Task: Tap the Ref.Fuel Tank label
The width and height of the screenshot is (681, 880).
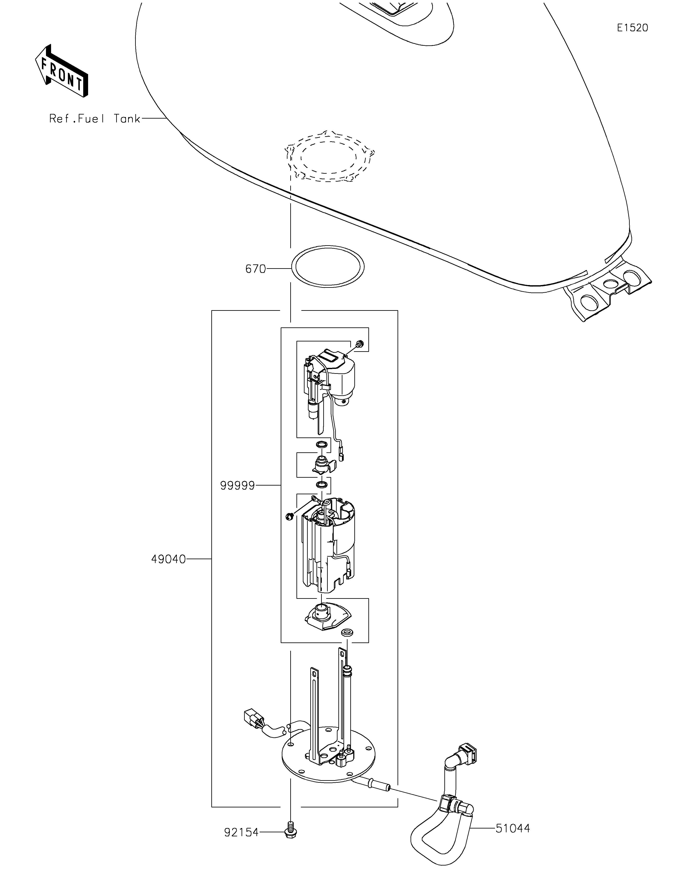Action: coord(95,118)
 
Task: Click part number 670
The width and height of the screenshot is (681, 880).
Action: coord(256,269)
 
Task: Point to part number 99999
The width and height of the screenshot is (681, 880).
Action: coord(237,486)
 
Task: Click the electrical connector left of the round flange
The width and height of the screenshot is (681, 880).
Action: coord(253,727)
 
